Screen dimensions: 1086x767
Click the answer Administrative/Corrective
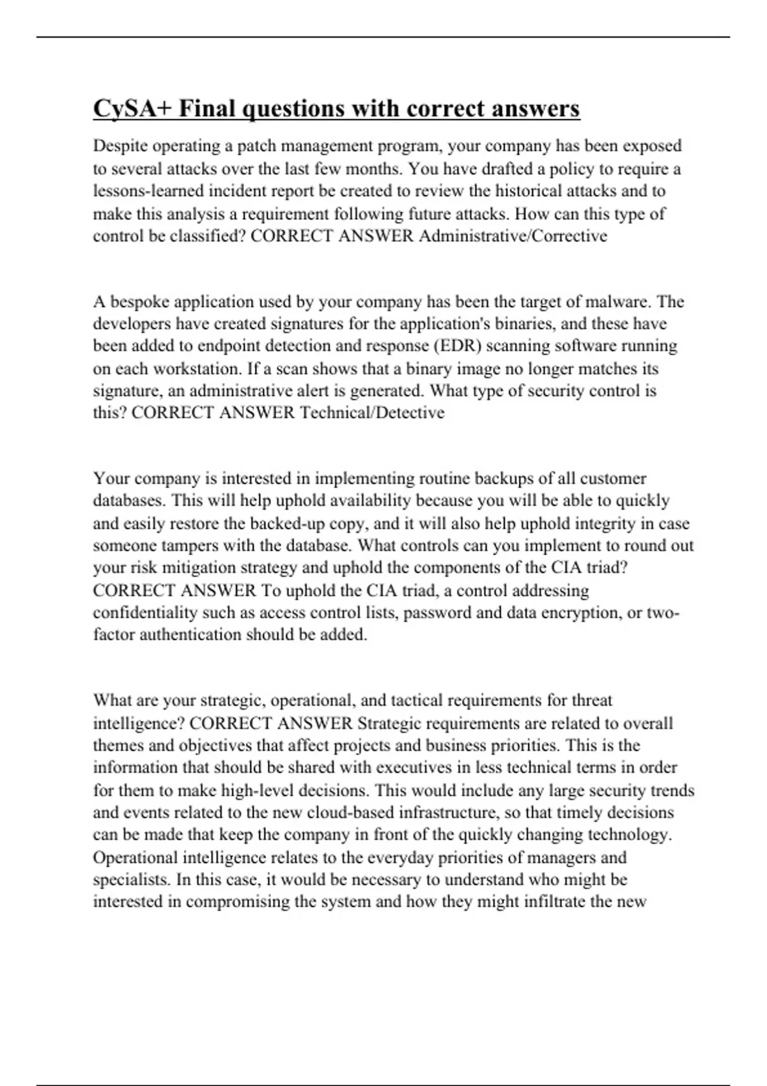[513, 236]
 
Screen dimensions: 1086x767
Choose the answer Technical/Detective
[372, 413]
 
